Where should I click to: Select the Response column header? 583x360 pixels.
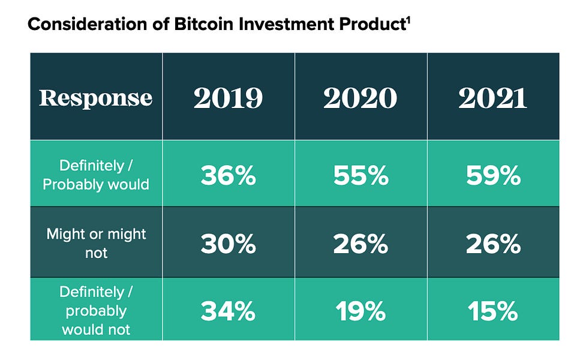pyautogui.click(x=96, y=98)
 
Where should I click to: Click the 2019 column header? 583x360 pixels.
pyautogui.click(x=228, y=98)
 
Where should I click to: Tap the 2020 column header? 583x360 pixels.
pyautogui.click(x=360, y=98)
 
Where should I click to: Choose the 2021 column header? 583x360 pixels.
pyautogui.click(x=492, y=98)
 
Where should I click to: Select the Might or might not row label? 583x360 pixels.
pyautogui.click(x=96, y=243)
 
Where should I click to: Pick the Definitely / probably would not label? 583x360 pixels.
pyautogui.click(x=96, y=311)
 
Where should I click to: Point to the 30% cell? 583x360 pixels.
pyautogui.click(x=228, y=244)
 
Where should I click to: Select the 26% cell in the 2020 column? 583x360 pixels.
pyautogui.click(x=360, y=244)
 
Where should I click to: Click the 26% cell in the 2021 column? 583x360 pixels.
pyautogui.click(x=492, y=244)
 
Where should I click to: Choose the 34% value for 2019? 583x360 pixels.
pyautogui.click(x=228, y=311)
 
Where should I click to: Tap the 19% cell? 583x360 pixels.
pyautogui.click(x=360, y=311)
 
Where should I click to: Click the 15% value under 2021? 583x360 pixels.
pyautogui.click(x=492, y=311)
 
